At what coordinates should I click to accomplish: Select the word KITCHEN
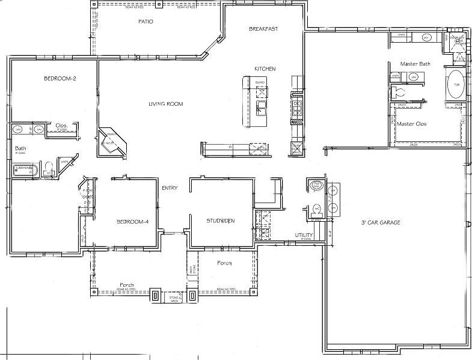[x=265, y=69]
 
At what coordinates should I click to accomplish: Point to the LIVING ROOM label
[x=165, y=104]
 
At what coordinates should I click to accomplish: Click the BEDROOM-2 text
[x=60, y=79]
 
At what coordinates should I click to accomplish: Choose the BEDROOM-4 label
[x=132, y=222]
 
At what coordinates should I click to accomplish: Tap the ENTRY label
[x=170, y=188]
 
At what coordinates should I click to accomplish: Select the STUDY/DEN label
[x=221, y=221]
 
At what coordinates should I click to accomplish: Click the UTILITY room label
[x=302, y=234]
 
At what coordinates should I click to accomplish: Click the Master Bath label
[x=415, y=64]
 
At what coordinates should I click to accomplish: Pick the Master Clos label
[x=411, y=123]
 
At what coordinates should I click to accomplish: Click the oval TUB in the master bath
[x=455, y=84]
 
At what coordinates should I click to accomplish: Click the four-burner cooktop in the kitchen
[x=297, y=108]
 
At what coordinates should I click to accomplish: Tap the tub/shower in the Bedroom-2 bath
[x=25, y=171]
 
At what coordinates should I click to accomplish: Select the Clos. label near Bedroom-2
[x=61, y=126]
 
